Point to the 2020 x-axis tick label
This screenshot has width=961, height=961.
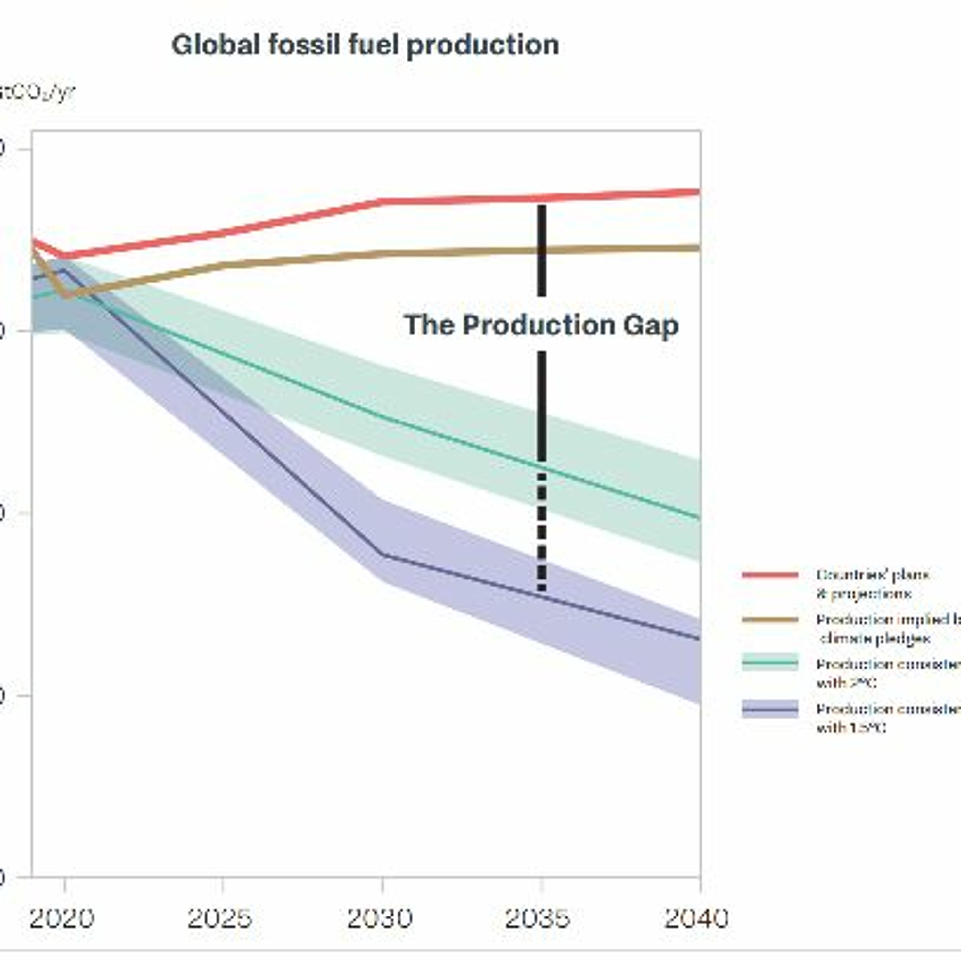click(x=62, y=918)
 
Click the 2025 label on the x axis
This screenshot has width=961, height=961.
click(x=219, y=918)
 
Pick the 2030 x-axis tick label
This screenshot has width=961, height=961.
click(x=380, y=918)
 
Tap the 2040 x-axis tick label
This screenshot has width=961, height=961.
click(x=696, y=918)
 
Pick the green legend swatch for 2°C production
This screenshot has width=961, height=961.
click(x=770, y=663)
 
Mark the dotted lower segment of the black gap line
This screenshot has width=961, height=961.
click(x=542, y=532)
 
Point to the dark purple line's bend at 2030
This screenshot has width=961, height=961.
click(x=382, y=554)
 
